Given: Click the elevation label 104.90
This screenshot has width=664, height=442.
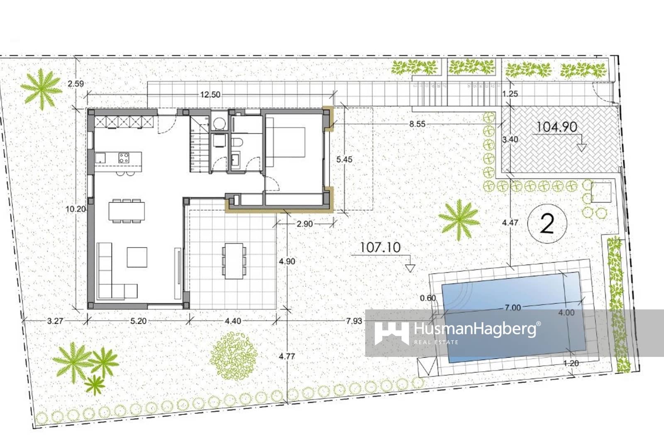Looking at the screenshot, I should coord(556,127).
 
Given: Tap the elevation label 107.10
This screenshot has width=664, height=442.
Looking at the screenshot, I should coord(380,248).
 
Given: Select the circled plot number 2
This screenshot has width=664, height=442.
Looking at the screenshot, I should coord(547,224).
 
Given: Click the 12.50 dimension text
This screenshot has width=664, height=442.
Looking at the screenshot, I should coord(210,95).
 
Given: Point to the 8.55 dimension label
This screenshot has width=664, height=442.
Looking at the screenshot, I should coord(417,124).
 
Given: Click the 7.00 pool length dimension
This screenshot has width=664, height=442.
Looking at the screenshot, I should coord(513,308).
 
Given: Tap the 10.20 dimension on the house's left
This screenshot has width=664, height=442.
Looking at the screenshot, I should coord(76,209).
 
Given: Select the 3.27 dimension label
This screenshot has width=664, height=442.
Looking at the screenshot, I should coord(55,321).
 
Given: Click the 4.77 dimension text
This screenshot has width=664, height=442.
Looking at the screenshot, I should coord(287,356).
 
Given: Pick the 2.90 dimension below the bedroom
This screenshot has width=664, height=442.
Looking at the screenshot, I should coord(305,224).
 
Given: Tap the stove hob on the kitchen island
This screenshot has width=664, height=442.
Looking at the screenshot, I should coord(124,158).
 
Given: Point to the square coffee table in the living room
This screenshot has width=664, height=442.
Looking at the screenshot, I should coord(137,257).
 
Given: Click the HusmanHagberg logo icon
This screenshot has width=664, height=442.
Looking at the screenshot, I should coord(391,333).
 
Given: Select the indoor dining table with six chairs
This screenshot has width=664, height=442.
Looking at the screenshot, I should coord(127,211).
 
